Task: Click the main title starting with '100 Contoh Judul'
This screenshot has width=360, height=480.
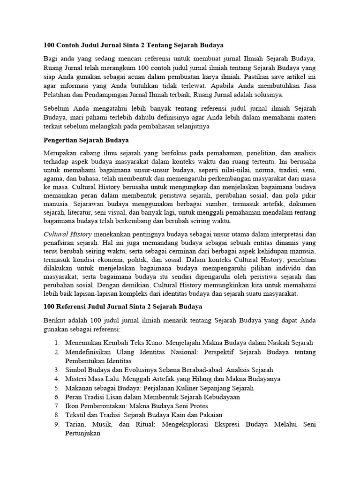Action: pos(133,45)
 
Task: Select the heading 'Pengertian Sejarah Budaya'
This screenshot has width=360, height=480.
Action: pos(86,140)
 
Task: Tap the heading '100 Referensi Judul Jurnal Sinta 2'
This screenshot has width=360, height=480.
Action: pos(123,307)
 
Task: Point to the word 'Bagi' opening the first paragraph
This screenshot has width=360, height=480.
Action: pos(51,59)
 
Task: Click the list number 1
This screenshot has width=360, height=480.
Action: pos(56,343)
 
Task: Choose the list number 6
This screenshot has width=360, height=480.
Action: pos(56,397)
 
